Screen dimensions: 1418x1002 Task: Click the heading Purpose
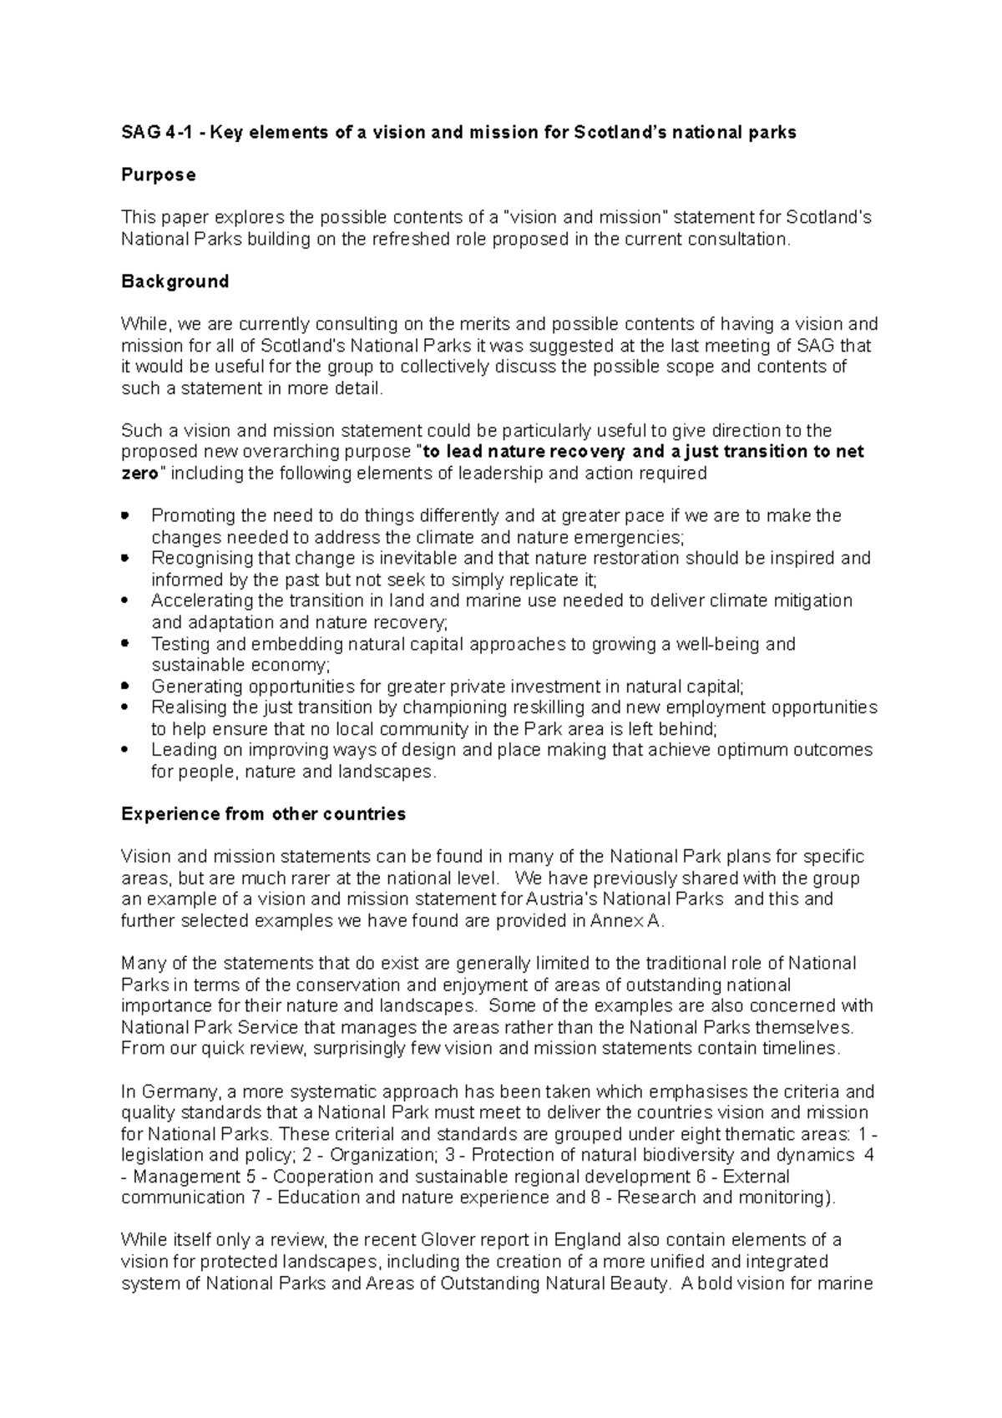[x=159, y=175]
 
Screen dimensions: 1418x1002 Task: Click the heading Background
[x=175, y=281]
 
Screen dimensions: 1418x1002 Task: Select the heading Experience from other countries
[x=263, y=813]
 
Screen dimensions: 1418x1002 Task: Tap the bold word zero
[x=139, y=474]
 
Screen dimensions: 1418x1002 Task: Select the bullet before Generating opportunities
[x=125, y=686]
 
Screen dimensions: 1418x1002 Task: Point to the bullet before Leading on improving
[x=125, y=750]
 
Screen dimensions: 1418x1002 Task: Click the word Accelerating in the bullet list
[x=199, y=600]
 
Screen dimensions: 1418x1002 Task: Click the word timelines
[x=802, y=1048]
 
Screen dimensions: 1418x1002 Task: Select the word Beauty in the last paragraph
[x=640, y=1283]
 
